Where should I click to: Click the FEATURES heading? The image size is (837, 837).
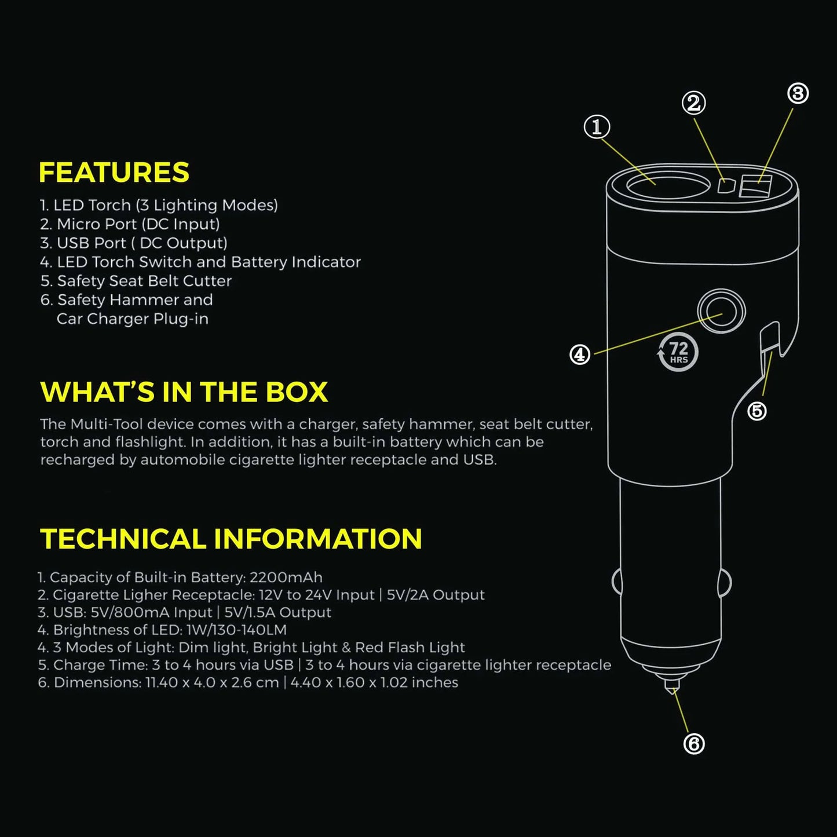[114, 172]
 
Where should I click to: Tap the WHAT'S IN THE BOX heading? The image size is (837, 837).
[184, 392]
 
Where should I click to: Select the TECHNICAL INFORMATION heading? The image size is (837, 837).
[231, 539]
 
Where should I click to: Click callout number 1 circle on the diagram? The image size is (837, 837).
[597, 127]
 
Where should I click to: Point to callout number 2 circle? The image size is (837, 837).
[693, 103]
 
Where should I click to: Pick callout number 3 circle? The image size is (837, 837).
[798, 93]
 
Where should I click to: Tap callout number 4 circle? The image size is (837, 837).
[580, 354]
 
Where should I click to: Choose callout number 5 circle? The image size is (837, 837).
[756, 411]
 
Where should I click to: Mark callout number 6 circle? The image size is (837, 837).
[694, 744]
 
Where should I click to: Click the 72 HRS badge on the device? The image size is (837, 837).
[678, 352]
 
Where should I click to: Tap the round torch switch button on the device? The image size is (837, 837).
[721, 312]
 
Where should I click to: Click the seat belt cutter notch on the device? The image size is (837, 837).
[770, 339]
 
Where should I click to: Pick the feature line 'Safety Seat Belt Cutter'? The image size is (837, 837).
[144, 281]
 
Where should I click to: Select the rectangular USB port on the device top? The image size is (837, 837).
[755, 188]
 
